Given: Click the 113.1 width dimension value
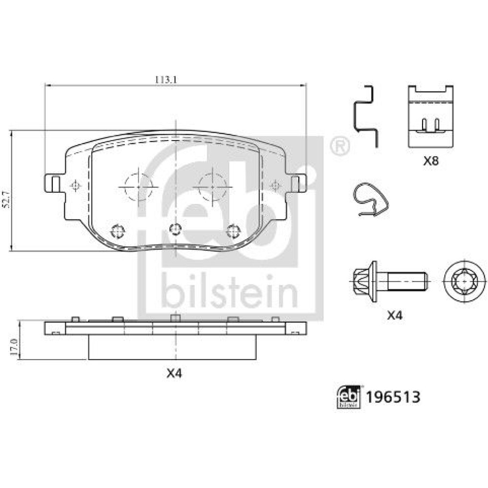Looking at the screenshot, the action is click(166, 80).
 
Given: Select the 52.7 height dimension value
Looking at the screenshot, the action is click(8, 200).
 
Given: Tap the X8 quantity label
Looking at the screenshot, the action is click(431, 161).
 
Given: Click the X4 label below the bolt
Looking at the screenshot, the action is click(395, 315).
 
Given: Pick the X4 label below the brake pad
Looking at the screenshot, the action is click(174, 373).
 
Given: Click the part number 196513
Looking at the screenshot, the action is click(393, 397).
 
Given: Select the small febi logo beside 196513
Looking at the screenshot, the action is click(348, 397).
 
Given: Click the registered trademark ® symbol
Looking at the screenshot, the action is click(339, 145).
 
